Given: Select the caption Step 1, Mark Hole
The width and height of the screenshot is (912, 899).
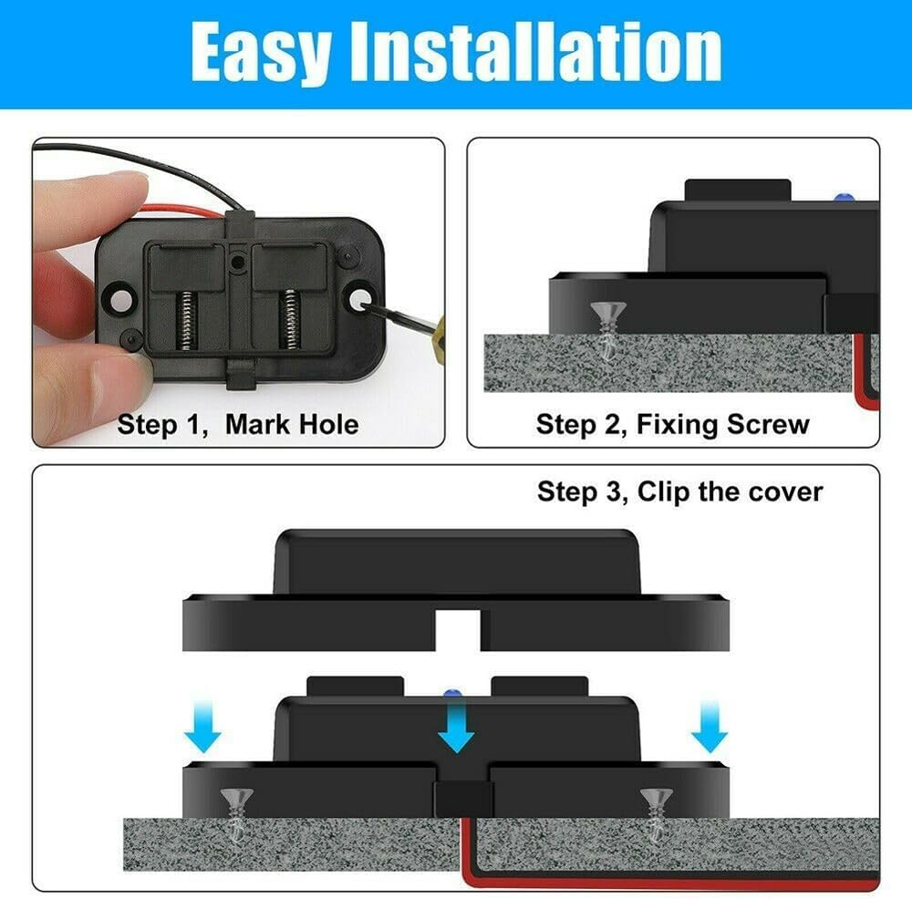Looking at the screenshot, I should click(x=238, y=424).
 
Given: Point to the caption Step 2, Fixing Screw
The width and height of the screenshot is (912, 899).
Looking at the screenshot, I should click(x=673, y=424).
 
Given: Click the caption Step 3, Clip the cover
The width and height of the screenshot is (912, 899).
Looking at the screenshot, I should click(x=679, y=492).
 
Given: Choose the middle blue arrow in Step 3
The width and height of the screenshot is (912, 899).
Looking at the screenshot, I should click(x=456, y=729).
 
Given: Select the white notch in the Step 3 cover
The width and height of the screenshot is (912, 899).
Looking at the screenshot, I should click(x=458, y=630).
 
